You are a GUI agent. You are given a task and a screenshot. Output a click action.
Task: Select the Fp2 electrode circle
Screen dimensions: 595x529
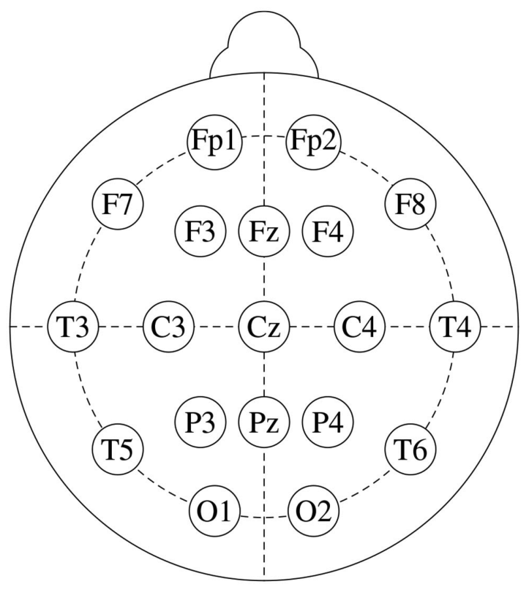pyautogui.click(x=313, y=140)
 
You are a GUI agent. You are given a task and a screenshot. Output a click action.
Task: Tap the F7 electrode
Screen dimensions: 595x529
pyautogui.click(x=118, y=202)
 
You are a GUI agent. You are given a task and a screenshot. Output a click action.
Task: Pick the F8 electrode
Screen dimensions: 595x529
pyautogui.click(x=410, y=202)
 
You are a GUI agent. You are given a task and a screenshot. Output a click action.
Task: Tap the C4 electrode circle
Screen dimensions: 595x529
pyautogui.click(x=359, y=326)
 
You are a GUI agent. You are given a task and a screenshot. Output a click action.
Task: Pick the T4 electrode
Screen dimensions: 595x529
pyautogui.click(x=454, y=326)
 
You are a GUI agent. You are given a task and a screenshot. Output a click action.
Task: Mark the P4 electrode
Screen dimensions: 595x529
pyautogui.click(x=328, y=421)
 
